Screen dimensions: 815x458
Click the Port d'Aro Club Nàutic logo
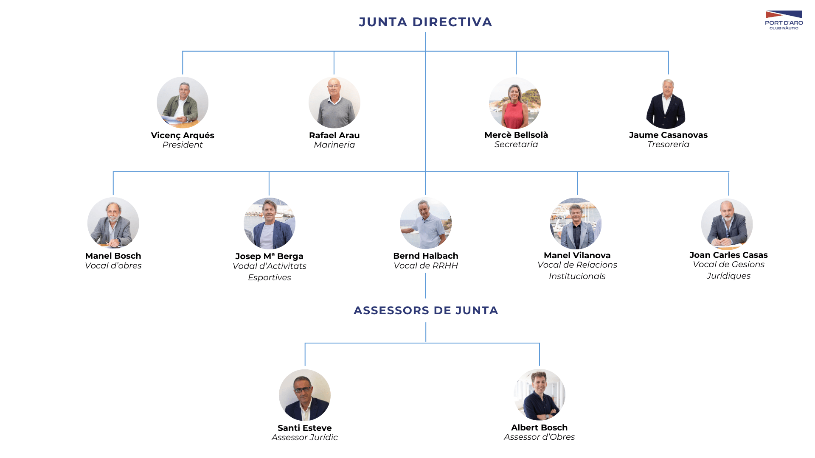[784, 20]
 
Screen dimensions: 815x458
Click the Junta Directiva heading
[425, 22]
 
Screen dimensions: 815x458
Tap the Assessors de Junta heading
[426, 310]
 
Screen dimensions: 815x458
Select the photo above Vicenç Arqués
[183, 102]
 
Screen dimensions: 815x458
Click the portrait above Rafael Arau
[334, 102]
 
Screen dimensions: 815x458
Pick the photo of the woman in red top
[515, 103]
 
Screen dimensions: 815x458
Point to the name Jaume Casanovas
[668, 135]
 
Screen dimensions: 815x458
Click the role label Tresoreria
[668, 145]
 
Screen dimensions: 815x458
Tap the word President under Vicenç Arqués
[183, 145]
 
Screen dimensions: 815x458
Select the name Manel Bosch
[113, 256]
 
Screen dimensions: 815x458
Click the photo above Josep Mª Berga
[270, 223]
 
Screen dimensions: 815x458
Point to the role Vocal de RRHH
[426, 266]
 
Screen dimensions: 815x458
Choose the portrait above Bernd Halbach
[426, 223]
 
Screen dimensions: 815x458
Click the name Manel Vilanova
[577, 255]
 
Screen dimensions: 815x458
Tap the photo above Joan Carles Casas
[727, 223]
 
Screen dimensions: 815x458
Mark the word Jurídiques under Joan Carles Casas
[728, 276]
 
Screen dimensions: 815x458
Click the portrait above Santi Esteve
[305, 395]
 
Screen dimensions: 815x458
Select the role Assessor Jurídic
[305, 438]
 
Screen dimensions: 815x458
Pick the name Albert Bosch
[539, 427]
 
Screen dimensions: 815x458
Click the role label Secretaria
[516, 145]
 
